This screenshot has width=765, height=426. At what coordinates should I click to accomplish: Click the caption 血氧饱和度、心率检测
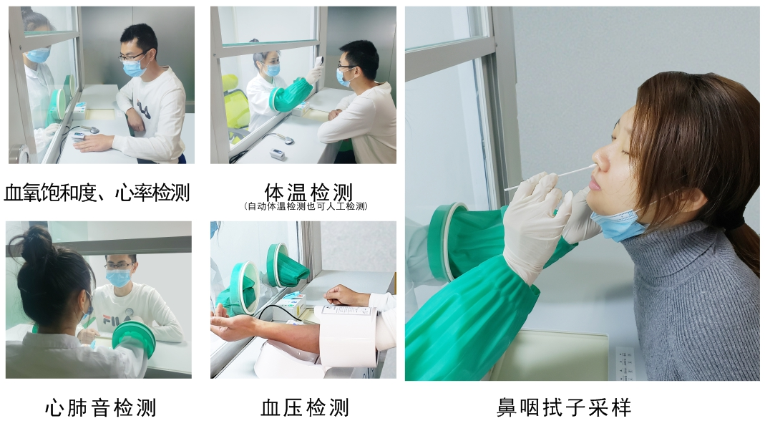(97, 193)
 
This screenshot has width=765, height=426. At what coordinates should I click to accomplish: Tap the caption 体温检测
(308, 192)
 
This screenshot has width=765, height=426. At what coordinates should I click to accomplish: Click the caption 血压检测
(305, 407)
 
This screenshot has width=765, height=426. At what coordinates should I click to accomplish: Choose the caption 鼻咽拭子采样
(564, 407)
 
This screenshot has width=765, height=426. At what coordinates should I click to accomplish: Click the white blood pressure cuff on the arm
(348, 334)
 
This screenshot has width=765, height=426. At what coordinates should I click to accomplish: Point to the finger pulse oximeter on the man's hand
(79, 137)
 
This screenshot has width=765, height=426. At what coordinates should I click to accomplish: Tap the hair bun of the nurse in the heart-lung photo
(31, 243)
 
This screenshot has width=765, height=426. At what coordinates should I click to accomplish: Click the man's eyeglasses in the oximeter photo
(132, 57)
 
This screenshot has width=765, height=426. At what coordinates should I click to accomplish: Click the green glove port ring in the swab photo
(445, 242)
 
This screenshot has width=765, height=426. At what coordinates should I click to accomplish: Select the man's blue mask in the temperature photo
(343, 78)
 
